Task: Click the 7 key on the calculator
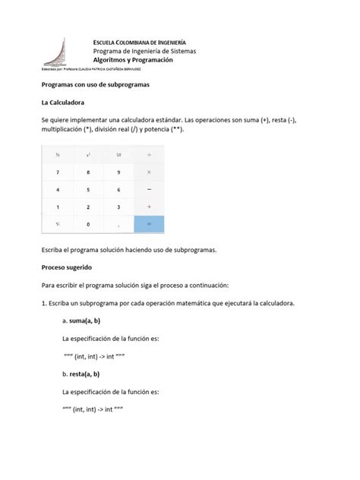tap(58, 172)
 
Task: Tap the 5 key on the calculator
tap(88, 189)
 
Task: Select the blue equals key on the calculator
tap(149, 224)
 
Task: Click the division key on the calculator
tap(149, 154)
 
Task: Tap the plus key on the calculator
tap(149, 207)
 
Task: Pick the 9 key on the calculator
tap(118, 172)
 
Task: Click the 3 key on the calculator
tap(118, 207)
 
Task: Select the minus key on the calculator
tap(149, 189)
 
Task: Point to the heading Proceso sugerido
tap(68, 267)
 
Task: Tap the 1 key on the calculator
tap(58, 207)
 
